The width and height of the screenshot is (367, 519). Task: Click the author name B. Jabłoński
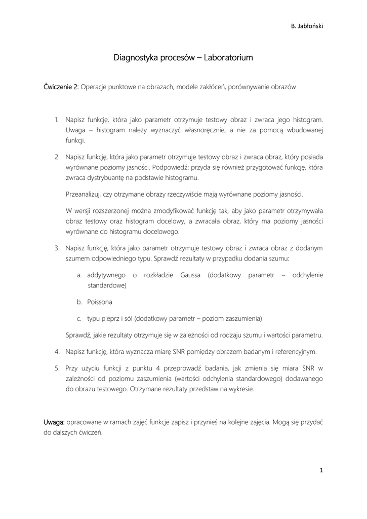click(307, 26)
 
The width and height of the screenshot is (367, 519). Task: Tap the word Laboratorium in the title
click(227, 58)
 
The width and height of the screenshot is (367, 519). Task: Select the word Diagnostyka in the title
click(135, 58)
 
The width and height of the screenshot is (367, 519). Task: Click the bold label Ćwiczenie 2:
click(61, 87)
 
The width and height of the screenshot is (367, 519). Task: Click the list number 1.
click(57, 120)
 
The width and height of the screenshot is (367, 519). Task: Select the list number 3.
click(57, 248)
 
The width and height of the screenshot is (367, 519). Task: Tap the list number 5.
click(57, 367)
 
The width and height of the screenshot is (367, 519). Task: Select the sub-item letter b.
click(79, 302)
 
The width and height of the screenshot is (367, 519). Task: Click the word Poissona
click(100, 302)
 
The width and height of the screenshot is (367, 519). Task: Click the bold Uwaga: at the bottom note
click(54, 422)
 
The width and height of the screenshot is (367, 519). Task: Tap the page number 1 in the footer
click(321, 470)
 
